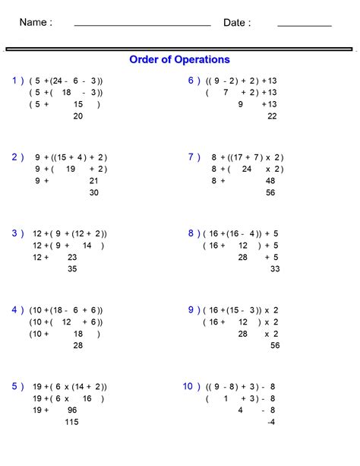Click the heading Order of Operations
coord(179,59)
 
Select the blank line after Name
coord(142,25)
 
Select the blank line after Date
coord(304,25)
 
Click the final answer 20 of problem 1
coord(77,116)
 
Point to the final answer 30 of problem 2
coord(93,193)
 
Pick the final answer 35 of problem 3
coord(72,269)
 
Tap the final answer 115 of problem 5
coord(72,422)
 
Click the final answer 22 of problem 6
coord(272,116)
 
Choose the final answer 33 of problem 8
coord(274,269)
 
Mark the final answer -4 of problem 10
coord(271,422)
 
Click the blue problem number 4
coord(16,310)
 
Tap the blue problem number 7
coord(192,157)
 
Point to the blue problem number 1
coord(16,81)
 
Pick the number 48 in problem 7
coord(270,181)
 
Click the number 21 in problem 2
coord(93,181)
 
